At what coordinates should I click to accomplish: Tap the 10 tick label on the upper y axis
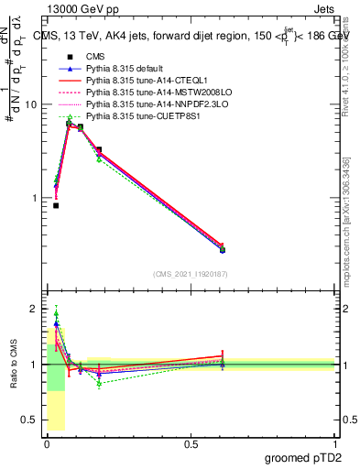pos(30,104)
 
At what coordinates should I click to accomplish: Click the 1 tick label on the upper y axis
pos(33,198)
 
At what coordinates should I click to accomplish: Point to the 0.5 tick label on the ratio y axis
pos(29,420)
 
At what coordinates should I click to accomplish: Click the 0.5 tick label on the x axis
pos(191,444)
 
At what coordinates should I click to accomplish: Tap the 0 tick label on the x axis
pos(47,444)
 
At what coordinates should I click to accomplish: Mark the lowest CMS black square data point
pos(56,205)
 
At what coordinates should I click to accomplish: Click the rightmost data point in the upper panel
pos(222,249)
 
